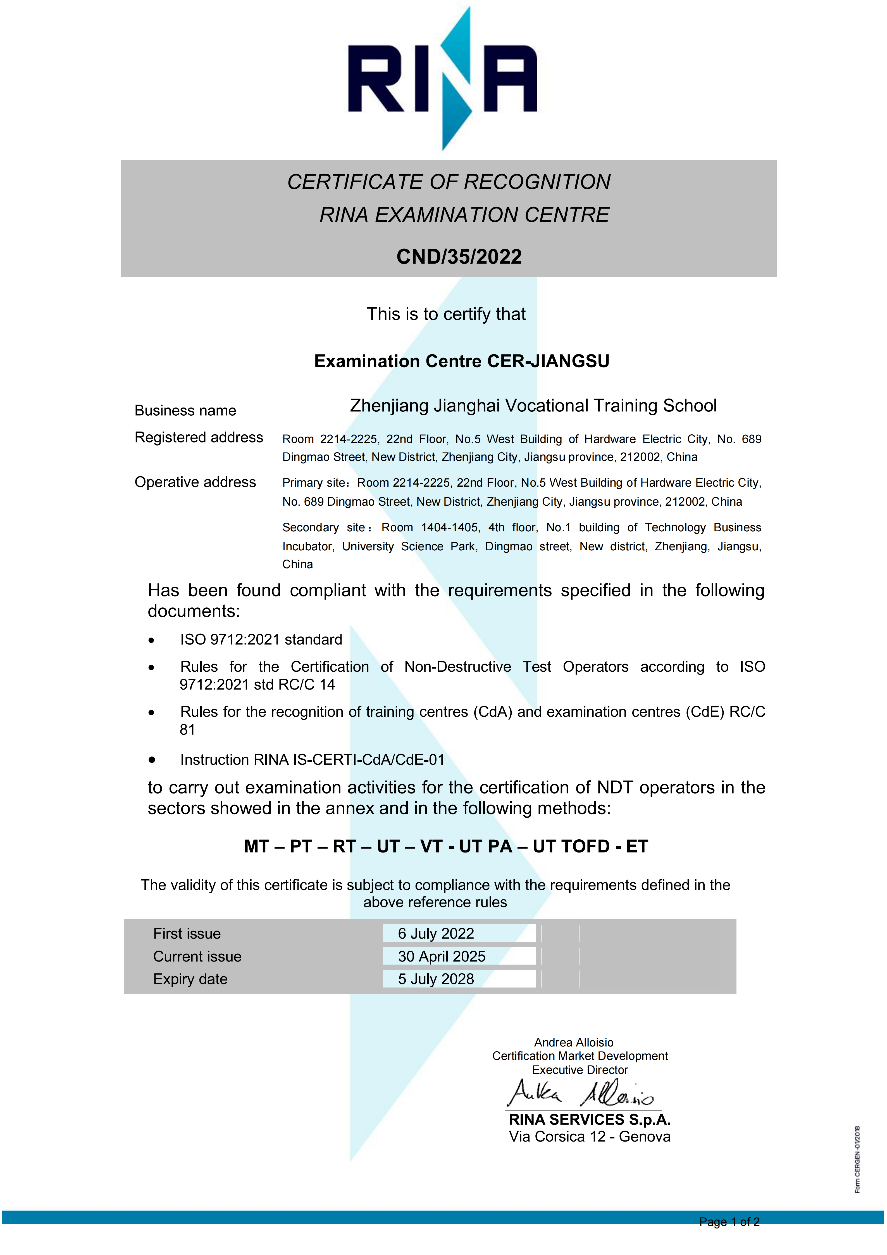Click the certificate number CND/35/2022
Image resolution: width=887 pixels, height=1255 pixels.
coord(459,257)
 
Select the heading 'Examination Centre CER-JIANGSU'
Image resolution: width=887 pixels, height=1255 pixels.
coord(462,361)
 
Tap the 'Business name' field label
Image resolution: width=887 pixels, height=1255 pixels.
coord(185,411)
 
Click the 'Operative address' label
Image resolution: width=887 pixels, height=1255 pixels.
coord(195,482)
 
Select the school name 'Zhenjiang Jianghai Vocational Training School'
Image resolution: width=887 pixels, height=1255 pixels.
coord(533,406)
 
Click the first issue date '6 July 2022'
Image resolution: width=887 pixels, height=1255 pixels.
coord(436,934)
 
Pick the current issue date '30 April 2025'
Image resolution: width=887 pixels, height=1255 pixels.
coord(441,956)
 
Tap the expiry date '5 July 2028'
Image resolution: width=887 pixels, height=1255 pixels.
coord(436,979)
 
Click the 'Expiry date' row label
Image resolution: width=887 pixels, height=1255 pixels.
coord(190,979)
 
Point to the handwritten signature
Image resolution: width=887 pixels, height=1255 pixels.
coord(580,1093)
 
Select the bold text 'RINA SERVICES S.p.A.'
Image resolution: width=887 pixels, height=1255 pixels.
coord(589,1120)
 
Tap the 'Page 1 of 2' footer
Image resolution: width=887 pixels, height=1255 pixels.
coord(729,1222)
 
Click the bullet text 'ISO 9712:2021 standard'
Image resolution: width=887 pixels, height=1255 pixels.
coord(261,640)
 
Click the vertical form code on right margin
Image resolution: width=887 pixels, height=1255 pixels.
coord(857,1159)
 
